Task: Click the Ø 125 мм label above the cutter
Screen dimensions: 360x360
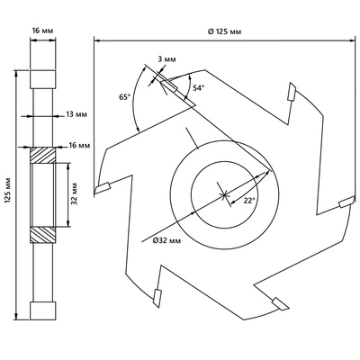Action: [224, 31]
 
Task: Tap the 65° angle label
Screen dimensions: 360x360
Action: [125, 96]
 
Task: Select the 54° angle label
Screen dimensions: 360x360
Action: [198, 88]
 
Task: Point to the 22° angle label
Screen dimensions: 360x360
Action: [249, 201]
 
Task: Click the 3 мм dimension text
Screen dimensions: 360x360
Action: [166, 59]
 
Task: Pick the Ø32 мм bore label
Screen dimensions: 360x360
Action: [166, 240]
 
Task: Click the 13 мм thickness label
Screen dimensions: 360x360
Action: [76, 114]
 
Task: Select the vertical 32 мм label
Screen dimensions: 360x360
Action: [75, 193]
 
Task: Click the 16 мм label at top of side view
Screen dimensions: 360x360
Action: [42, 31]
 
